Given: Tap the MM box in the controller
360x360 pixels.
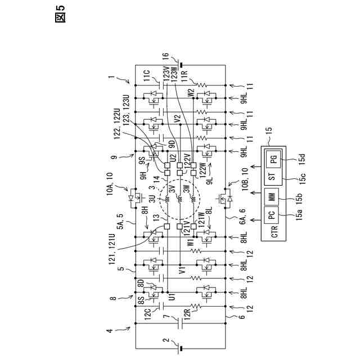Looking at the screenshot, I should point(273,197).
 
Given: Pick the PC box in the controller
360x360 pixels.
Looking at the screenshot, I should point(273,215).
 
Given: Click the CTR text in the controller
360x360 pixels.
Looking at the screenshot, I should point(274,232).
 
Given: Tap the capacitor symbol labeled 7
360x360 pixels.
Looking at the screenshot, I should point(180,325).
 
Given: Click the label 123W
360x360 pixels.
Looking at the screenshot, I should point(175,75).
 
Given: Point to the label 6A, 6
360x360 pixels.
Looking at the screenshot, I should point(236,224).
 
